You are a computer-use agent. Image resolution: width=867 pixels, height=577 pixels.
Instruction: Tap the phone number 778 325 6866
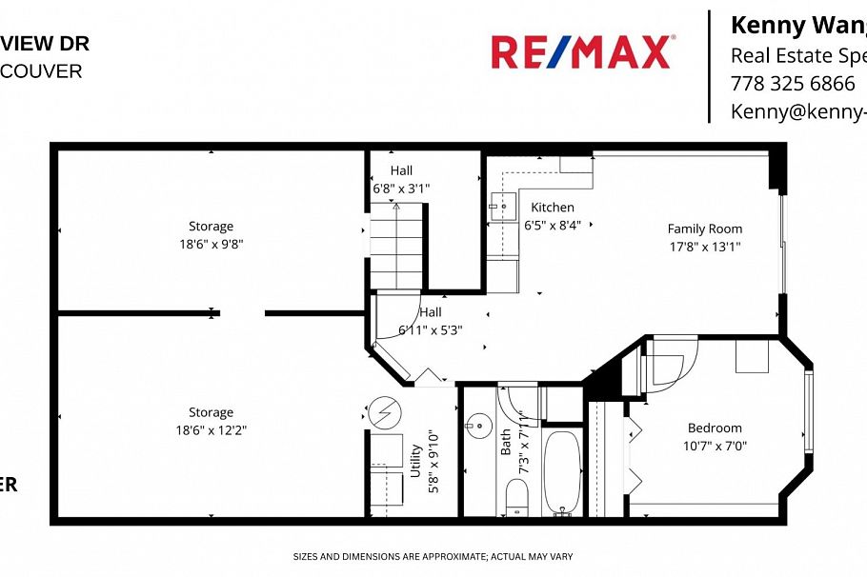pos(792,83)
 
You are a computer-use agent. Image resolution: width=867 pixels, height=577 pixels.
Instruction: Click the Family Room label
pos(704,229)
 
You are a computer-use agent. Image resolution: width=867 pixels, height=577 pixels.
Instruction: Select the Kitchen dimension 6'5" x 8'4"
pos(553,225)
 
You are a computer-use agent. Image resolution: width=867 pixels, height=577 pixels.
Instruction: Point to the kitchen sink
pos(503,204)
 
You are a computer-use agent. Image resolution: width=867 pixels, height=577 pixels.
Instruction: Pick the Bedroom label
pos(715,428)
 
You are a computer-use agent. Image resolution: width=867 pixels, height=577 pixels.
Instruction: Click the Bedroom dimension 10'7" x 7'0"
pos(715,445)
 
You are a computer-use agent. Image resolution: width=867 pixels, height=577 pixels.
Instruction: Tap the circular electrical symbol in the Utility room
pos(387,411)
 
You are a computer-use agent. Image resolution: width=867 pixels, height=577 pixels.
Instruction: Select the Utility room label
pos(414,468)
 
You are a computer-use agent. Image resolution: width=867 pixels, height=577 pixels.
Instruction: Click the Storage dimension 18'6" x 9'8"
pos(211,243)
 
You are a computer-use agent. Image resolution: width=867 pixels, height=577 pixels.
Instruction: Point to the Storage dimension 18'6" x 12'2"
pos(211,429)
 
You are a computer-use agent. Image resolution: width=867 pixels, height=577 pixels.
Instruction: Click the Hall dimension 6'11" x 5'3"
pos(431,329)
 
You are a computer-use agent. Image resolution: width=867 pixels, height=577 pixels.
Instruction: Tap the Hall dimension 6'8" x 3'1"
pos(401,188)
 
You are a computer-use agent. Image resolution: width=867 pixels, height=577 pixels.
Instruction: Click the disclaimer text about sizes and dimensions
pos(433,556)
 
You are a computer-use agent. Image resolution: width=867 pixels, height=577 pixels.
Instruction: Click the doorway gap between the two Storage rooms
pos(243,312)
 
